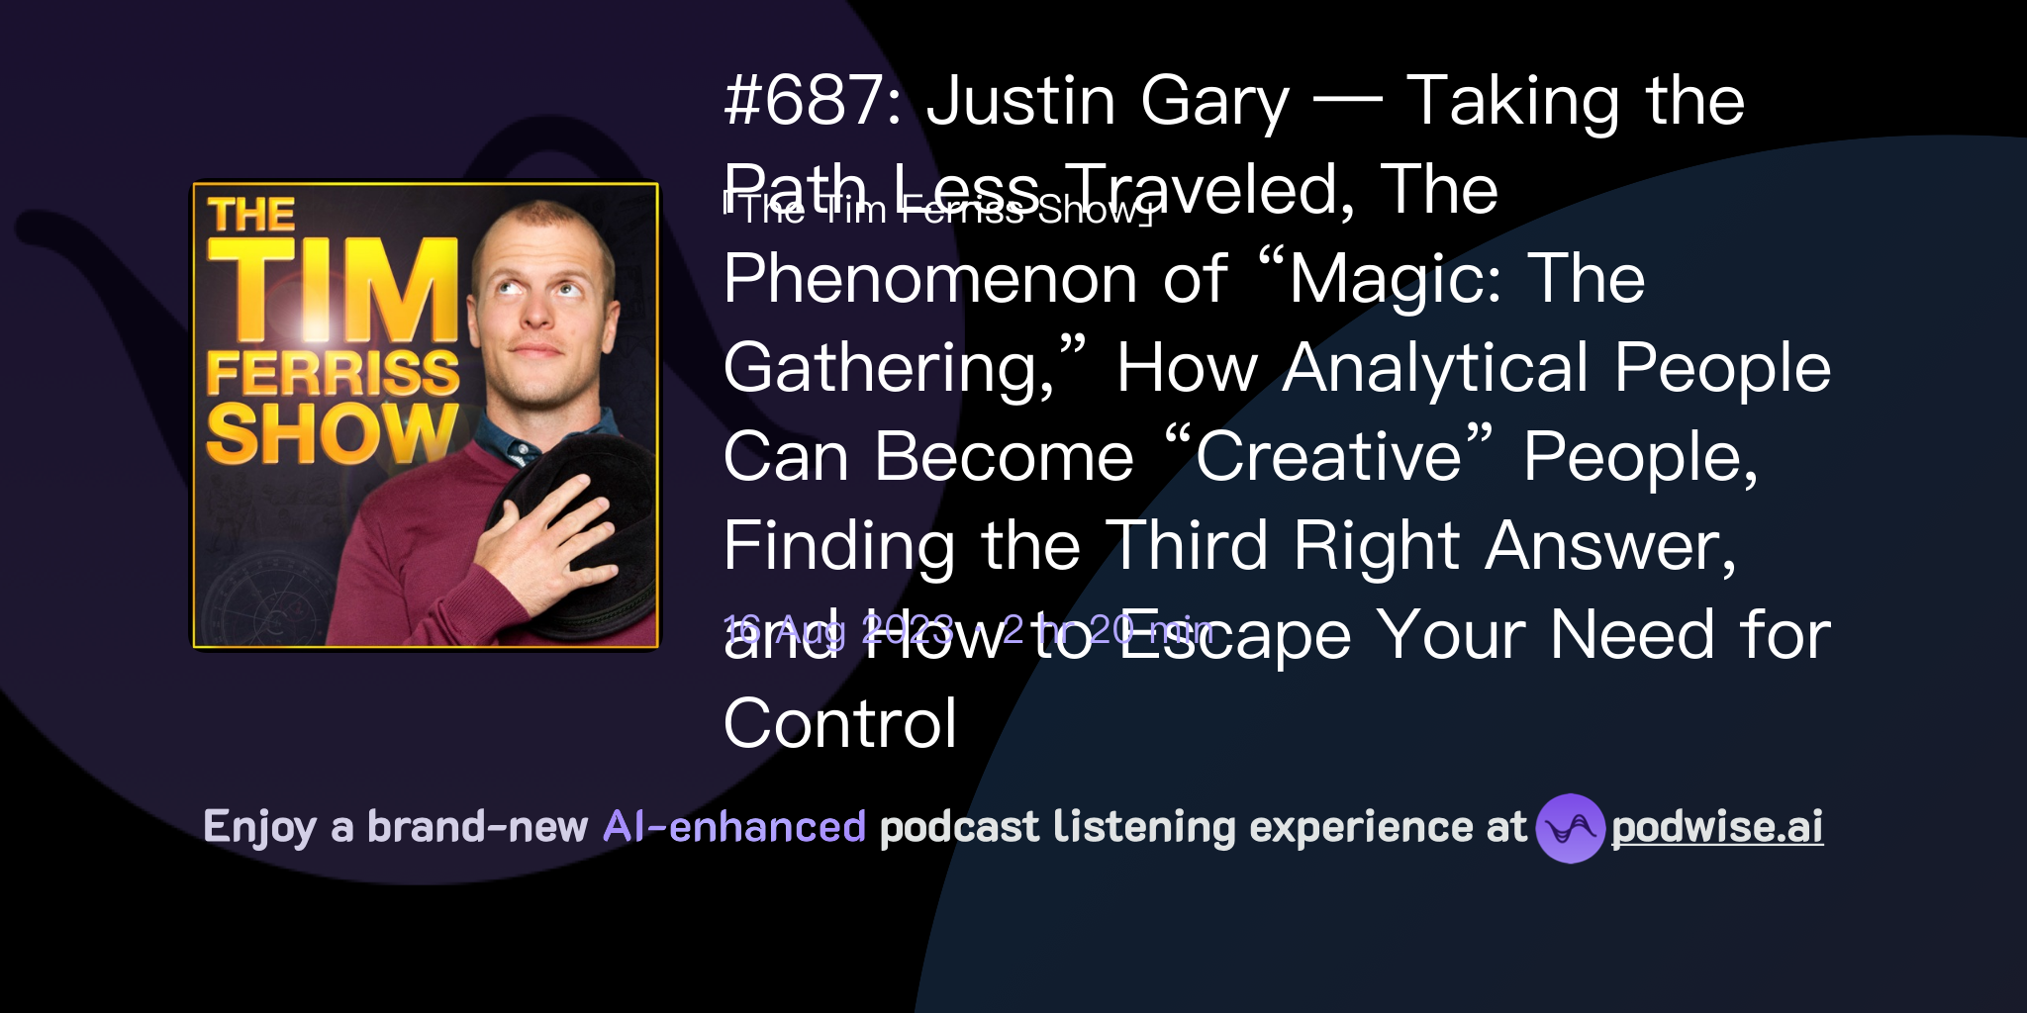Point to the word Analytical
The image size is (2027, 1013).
point(1435,368)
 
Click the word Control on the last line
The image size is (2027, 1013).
point(840,724)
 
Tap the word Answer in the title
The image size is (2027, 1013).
point(1602,546)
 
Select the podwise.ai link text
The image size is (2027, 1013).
point(1716,828)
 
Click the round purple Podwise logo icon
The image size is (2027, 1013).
point(1570,828)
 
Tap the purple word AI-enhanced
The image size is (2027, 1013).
point(734,827)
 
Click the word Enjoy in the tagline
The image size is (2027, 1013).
point(260,828)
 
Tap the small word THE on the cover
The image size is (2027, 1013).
point(251,215)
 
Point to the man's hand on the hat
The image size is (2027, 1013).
point(539,539)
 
